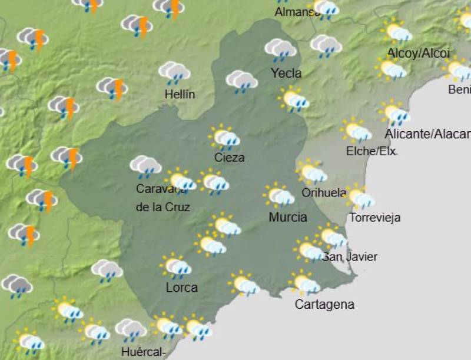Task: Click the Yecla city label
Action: tap(286, 74)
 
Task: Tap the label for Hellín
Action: tap(180, 94)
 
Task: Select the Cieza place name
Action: tap(230, 158)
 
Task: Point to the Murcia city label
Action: tap(288, 217)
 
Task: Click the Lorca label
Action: tap(181, 288)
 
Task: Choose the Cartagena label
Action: tap(324, 305)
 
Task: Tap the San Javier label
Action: tap(349, 256)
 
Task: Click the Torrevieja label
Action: tap(375, 218)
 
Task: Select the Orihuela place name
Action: tap(323, 193)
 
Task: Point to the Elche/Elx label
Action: tap(372, 151)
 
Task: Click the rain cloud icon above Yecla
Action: tap(280, 50)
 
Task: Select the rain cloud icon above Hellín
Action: tap(174, 73)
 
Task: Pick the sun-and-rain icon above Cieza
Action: tap(225, 138)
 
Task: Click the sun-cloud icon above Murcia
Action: tap(280, 196)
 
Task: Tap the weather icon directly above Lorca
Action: tap(176, 266)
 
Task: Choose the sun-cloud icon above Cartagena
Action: tap(306, 284)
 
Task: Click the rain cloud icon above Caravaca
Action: tap(145, 167)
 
